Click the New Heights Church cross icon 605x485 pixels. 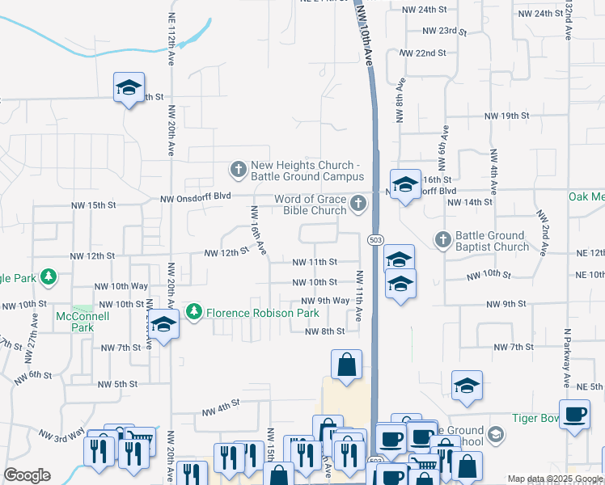[239, 170]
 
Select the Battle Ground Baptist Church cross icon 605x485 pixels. [442, 240]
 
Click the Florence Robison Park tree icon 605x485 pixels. [194, 311]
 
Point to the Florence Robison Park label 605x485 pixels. [262, 312]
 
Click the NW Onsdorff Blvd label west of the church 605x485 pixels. [196, 198]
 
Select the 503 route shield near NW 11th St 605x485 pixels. [374, 240]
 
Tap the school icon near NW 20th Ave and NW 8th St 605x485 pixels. [163, 326]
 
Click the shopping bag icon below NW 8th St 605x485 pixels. [346, 364]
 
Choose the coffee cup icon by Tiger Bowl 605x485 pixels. [574, 414]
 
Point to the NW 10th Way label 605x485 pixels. [121, 286]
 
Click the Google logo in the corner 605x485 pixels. [27, 475]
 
